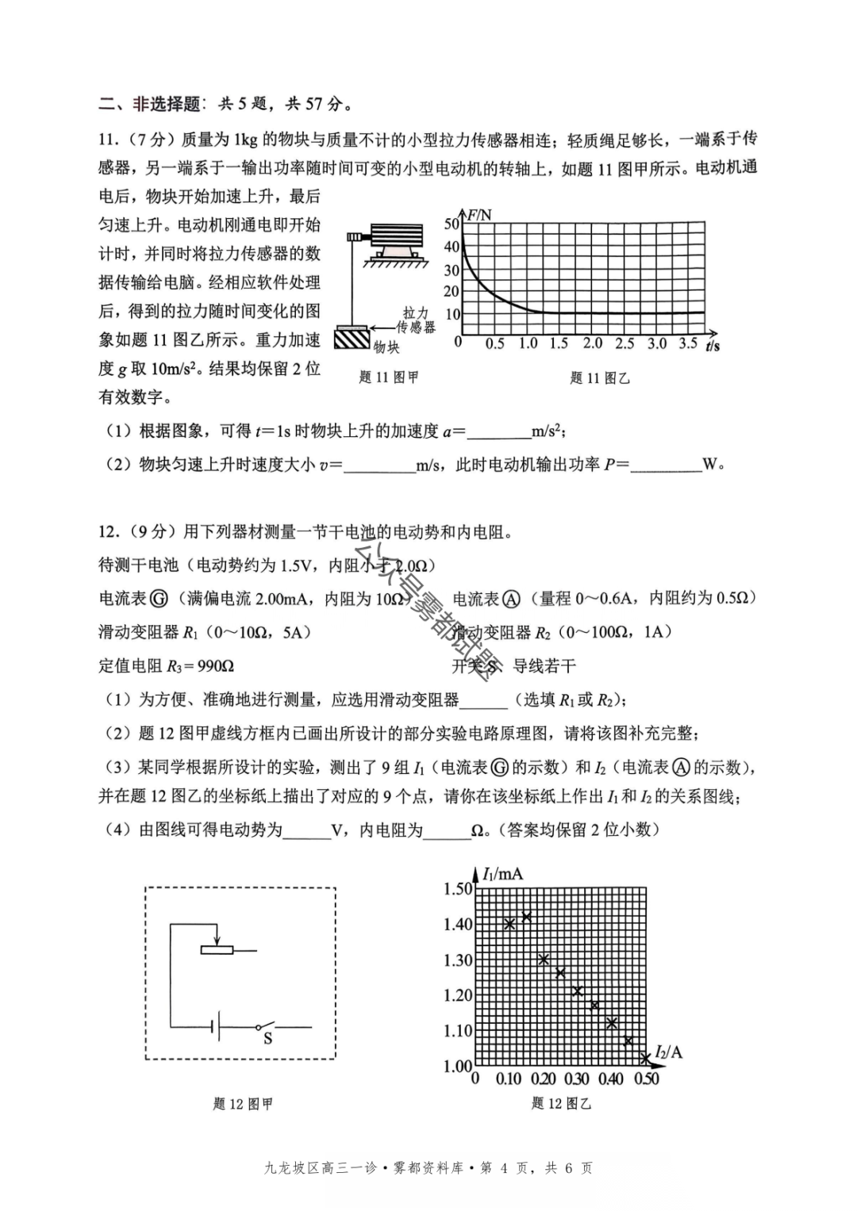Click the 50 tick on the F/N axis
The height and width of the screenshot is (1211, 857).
(452, 224)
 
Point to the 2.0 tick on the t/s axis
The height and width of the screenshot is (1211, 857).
(593, 343)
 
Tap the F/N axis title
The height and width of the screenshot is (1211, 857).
(478, 215)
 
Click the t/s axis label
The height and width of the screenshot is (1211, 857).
(712, 347)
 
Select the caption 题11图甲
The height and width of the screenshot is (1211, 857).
(388, 377)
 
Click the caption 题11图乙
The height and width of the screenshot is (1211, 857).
(599, 378)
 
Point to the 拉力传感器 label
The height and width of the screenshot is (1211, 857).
(417, 320)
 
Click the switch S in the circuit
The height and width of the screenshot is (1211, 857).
(267, 1029)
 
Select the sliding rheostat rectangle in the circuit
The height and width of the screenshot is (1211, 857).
(216, 949)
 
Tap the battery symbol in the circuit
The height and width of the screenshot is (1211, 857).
(215, 1029)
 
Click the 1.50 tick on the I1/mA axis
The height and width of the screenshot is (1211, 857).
(458, 888)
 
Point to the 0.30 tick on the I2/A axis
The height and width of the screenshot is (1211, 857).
(576, 1079)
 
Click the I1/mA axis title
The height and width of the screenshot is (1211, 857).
(502, 874)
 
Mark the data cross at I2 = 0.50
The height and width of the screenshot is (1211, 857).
(645, 1058)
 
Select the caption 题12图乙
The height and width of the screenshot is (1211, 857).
(561, 1103)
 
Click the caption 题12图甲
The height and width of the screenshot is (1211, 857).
(243, 1104)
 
